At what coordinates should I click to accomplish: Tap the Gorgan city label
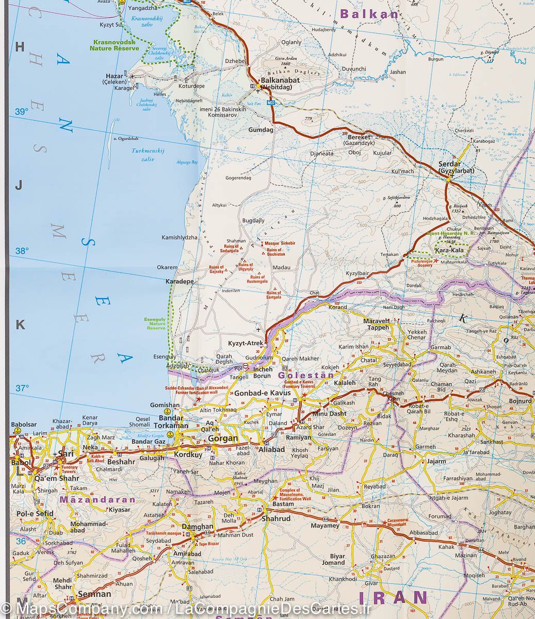coord(222,439)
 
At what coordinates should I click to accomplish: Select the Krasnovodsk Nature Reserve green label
coord(115,45)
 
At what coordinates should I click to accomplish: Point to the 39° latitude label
coord(21,111)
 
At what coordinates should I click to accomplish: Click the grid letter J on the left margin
coord(19,186)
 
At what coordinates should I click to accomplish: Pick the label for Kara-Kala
coord(450,251)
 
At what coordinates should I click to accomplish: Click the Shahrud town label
coord(275,518)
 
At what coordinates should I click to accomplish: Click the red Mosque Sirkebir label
coord(281,242)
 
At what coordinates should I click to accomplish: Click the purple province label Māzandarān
coord(98,499)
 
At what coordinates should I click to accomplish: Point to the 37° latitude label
coord(21,388)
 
